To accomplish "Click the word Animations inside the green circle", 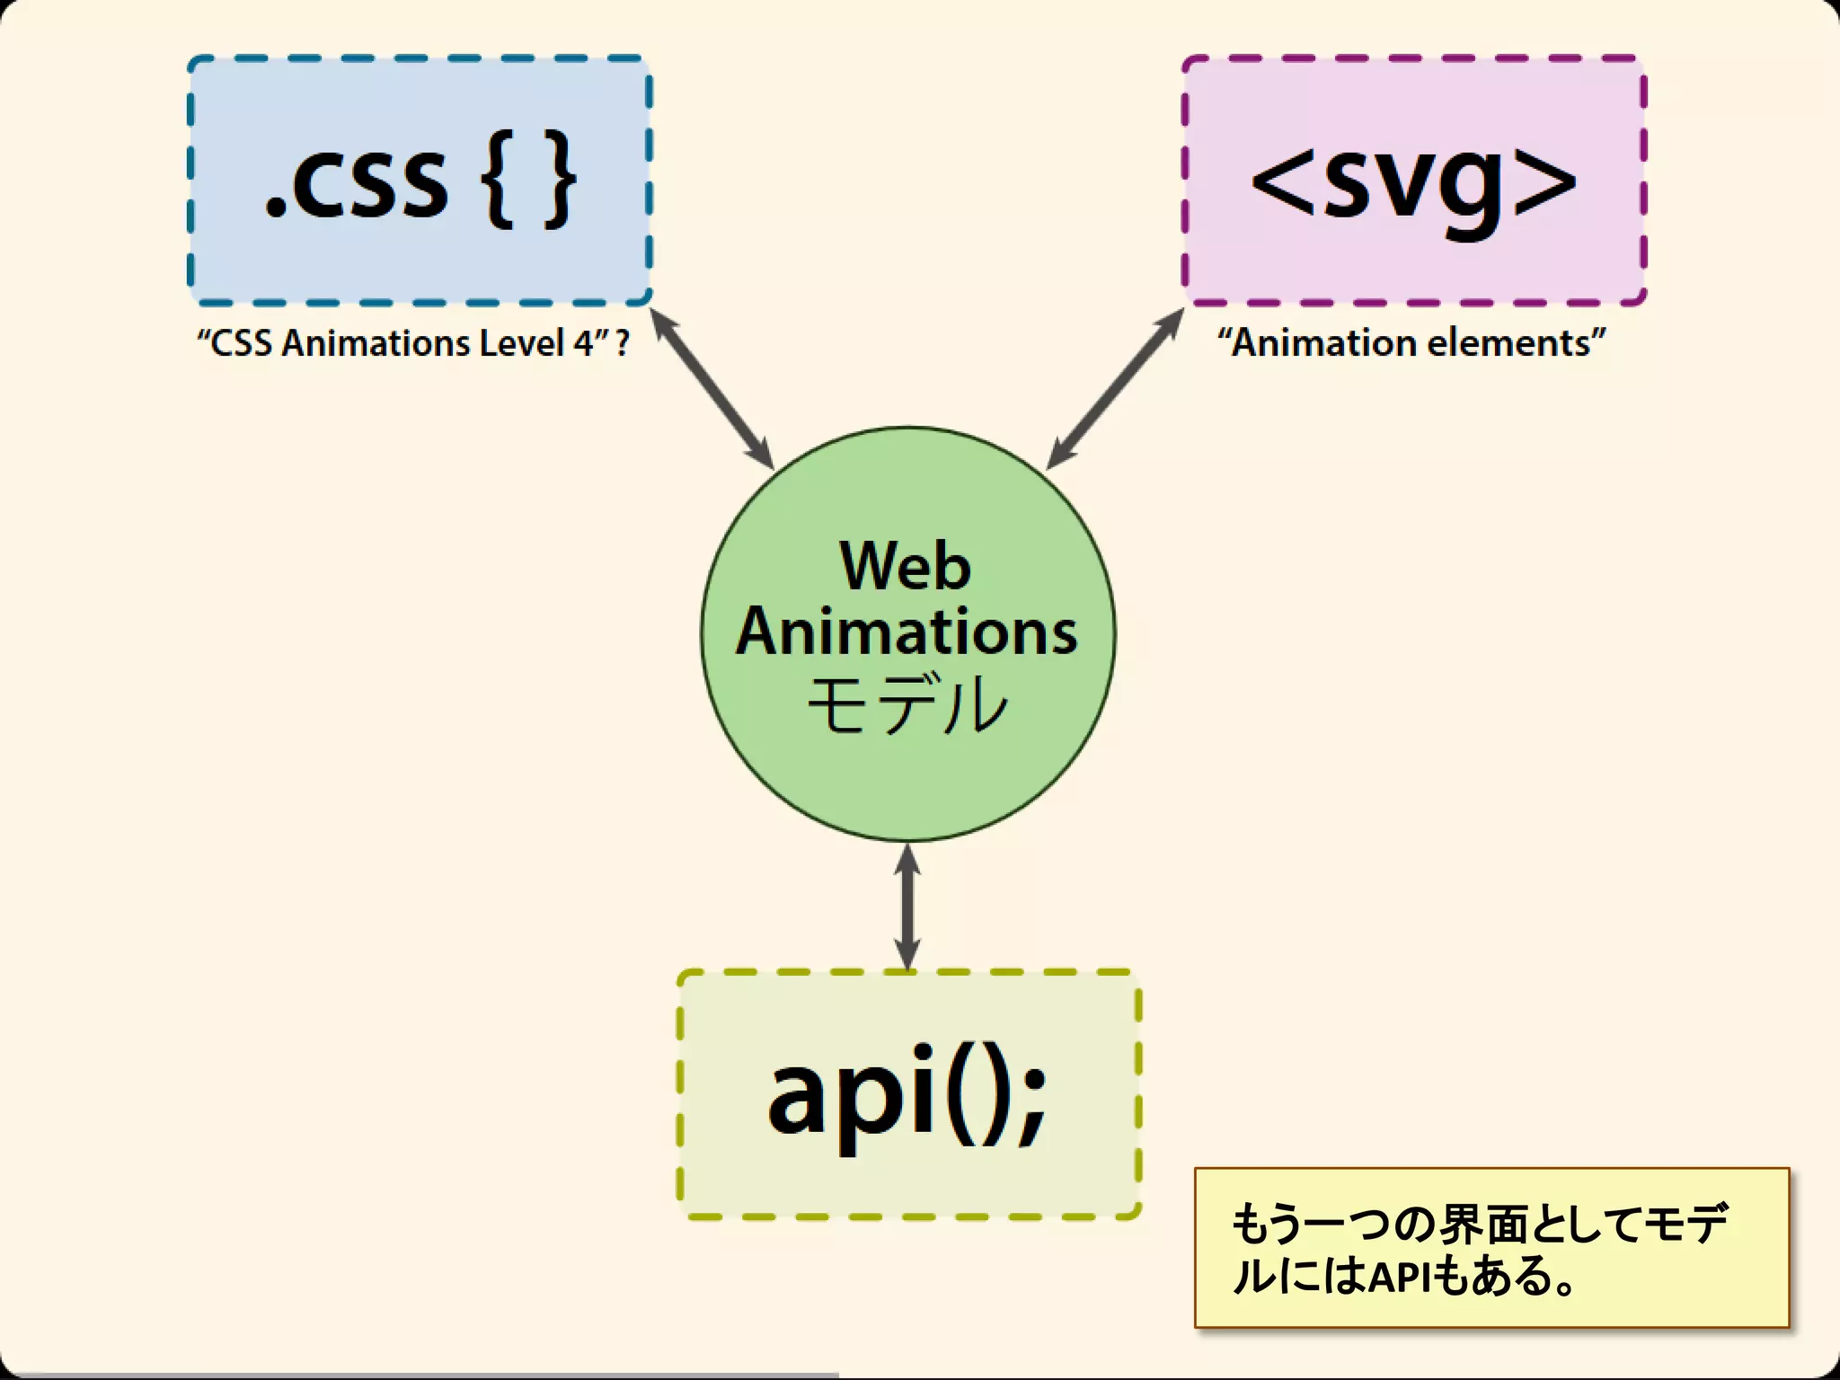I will pos(906,632).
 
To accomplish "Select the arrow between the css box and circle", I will pos(712,388).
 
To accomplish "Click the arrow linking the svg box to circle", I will pos(1115,388).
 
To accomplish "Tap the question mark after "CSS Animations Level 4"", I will pos(623,343).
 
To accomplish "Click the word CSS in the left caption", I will pos(241,343).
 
